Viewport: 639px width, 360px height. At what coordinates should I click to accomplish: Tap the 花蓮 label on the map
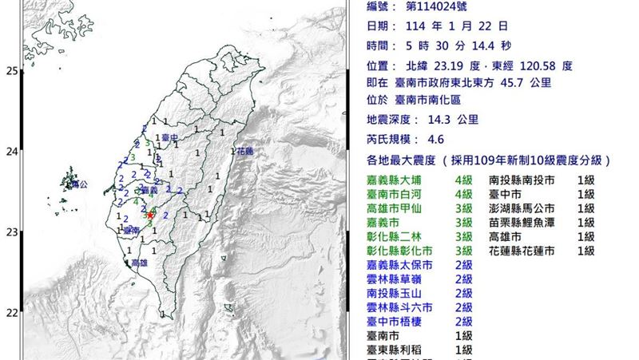[x=244, y=150]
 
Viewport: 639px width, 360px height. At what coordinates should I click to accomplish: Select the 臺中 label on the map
[x=168, y=138]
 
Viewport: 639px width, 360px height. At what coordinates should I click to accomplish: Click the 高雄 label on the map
[x=138, y=262]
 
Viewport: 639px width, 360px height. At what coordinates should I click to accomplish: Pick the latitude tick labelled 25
[x=12, y=71]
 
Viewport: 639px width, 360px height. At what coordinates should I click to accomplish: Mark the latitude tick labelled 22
[x=12, y=312]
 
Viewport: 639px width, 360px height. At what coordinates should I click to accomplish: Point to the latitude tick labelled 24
[x=12, y=152]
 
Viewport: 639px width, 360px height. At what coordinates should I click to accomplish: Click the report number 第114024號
[x=445, y=7]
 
